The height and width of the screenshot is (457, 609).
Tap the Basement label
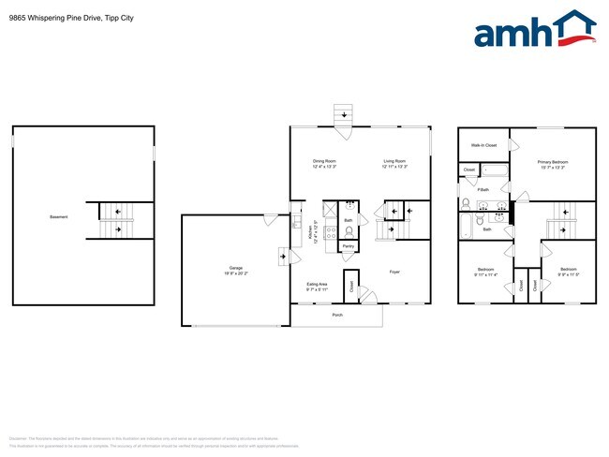click(58, 217)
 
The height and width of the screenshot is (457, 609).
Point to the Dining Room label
click(324, 162)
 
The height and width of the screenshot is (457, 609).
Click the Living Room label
click(394, 162)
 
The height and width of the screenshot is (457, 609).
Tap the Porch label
click(337, 315)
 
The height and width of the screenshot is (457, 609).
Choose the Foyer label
click(395, 272)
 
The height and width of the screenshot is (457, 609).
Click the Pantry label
click(348, 246)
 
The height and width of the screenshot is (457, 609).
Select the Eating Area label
click(317, 284)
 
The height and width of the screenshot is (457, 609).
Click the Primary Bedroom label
click(552, 162)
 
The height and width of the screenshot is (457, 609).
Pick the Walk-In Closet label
click(483, 145)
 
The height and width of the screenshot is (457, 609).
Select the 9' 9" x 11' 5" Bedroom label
click(569, 271)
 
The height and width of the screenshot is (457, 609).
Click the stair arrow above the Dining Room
click(343, 115)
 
